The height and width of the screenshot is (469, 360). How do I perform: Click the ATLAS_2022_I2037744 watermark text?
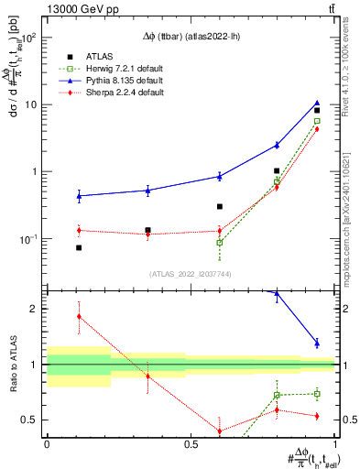click(190, 273)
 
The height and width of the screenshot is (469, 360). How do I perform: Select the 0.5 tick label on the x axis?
click(191, 443)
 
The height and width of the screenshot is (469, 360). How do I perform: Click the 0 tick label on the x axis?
click(47, 443)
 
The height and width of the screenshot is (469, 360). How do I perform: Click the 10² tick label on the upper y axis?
click(29, 38)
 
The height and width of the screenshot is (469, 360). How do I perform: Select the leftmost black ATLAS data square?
click(79, 248)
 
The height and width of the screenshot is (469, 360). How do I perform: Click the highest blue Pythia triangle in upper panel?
click(317, 104)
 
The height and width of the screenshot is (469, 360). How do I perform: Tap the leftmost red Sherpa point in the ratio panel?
click(79, 316)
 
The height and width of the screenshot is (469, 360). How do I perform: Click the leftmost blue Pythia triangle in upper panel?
click(79, 195)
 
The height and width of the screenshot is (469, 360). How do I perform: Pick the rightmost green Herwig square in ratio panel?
click(317, 394)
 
